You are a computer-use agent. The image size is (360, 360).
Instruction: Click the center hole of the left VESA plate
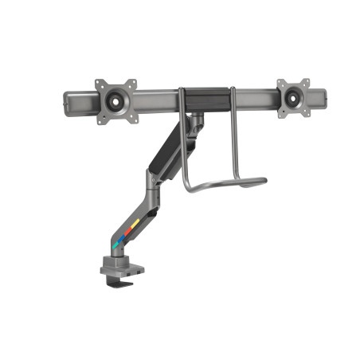116,100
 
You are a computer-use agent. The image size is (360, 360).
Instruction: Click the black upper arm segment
172,152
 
